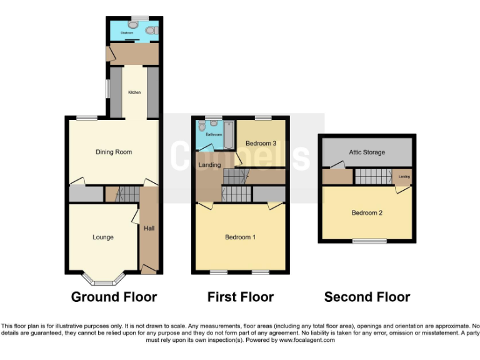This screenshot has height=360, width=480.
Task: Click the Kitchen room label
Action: [134, 92]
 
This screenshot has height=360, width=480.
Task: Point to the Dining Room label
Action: [114, 152]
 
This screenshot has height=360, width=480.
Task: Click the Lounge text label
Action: [103, 237]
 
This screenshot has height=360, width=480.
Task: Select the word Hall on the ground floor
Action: [149, 229]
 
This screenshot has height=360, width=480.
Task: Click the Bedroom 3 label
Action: [261, 144]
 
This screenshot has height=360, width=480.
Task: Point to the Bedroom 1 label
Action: [241, 237]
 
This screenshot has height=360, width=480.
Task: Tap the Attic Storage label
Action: [366, 152]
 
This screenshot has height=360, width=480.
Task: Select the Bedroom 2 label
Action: [367, 213]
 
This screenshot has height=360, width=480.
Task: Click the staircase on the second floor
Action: [372, 177]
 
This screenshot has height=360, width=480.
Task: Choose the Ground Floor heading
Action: [114, 297]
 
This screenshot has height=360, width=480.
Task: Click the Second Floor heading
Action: [367, 297]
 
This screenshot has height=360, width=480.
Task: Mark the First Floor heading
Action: [241, 297]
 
